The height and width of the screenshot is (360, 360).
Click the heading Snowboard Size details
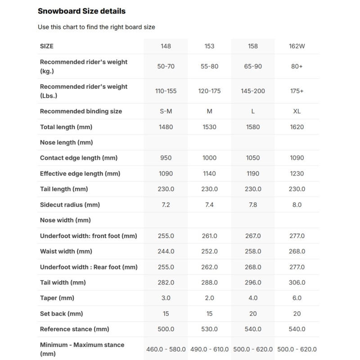pos(81,11)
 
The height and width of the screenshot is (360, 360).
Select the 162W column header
pos(297,46)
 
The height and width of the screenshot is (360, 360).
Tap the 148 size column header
pos(166,46)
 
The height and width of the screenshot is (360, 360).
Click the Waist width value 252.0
pos(209,252)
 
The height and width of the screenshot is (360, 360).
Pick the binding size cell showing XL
pos(297,111)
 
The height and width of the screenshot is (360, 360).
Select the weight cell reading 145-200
pos(253,91)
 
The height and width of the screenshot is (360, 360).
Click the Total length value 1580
pos(253,127)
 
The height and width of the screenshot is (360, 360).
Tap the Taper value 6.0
pos(297,298)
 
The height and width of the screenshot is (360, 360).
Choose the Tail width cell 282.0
pos(166,283)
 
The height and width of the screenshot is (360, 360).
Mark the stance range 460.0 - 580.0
pos(166,349)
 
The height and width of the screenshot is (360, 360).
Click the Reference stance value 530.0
pos(209,329)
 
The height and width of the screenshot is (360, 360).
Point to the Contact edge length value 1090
pos(297,158)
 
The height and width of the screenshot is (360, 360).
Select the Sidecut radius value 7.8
pos(253,205)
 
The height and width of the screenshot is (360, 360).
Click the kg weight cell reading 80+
pos(297,66)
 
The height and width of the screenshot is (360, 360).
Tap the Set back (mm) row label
pos(62,314)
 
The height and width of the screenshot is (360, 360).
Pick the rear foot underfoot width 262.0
pos(209,267)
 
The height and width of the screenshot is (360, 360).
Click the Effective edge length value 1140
pos(209,174)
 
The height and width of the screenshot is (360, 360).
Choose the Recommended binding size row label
pos(81,111)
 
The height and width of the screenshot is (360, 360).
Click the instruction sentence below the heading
pos(96,27)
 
